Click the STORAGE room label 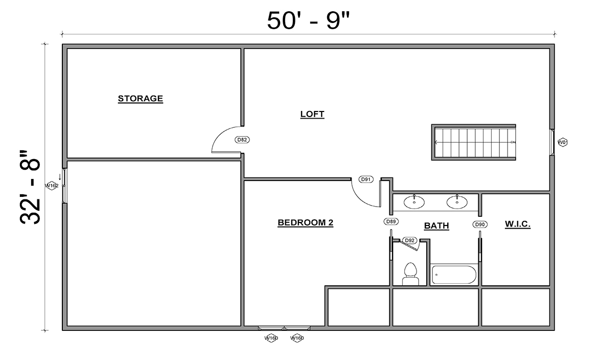(x=141, y=99)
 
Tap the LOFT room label (x=312, y=115)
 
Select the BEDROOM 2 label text (x=305, y=223)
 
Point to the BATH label (x=436, y=226)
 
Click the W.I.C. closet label (x=518, y=224)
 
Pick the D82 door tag (x=242, y=140)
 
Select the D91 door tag (x=366, y=179)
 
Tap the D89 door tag (x=391, y=222)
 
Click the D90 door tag (x=479, y=224)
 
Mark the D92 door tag (x=409, y=240)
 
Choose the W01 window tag (x=563, y=142)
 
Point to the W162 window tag (x=52, y=186)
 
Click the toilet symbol (x=410, y=274)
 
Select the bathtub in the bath (x=454, y=275)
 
